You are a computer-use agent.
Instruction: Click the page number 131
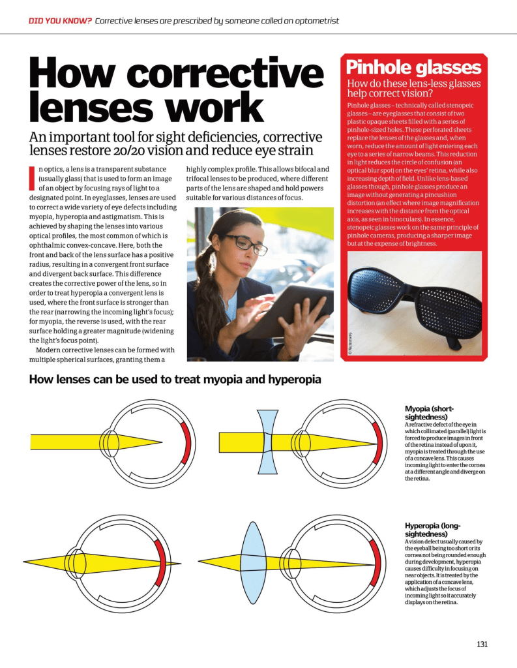point(482,644)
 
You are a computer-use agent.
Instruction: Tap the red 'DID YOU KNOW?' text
point(61,21)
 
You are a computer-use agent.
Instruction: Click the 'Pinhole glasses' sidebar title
point(413,68)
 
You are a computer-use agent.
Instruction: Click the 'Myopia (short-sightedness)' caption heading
point(428,413)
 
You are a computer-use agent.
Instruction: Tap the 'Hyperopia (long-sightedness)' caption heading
point(431,530)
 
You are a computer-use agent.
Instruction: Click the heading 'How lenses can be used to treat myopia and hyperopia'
point(175,378)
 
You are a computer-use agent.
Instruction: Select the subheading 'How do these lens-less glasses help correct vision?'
point(413,89)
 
